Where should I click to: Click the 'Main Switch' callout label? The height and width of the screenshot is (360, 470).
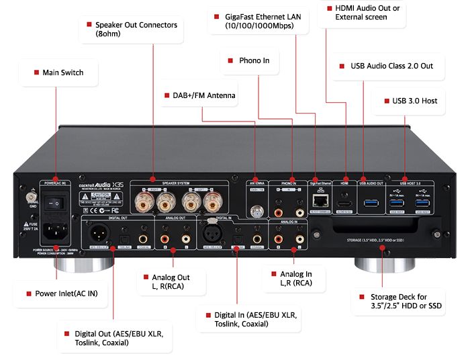tap(59, 72)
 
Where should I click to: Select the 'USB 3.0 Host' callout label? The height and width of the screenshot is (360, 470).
tap(410, 101)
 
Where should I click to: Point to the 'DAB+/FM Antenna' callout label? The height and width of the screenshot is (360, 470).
tap(199, 95)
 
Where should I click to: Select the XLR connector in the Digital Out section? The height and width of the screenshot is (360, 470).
tap(97, 234)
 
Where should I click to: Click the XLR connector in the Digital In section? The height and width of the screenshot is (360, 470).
tap(211, 234)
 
